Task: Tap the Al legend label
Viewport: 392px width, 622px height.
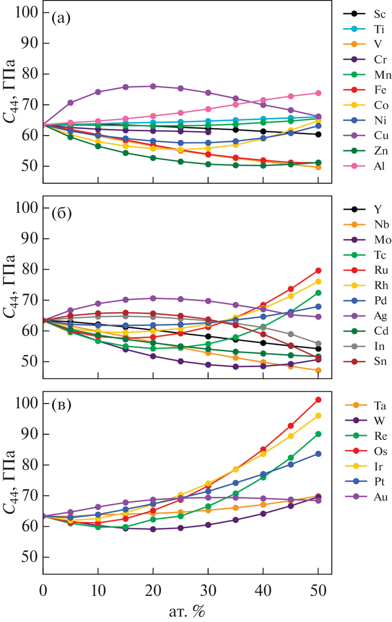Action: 380,166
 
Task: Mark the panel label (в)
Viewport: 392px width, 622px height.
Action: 61,404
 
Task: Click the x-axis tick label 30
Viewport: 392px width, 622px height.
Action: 208,591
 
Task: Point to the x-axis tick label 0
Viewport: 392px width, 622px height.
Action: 43,591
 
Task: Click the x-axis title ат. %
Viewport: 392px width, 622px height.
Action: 187,611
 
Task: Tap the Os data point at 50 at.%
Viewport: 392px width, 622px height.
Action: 318,400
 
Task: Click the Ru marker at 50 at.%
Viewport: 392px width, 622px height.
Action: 318,270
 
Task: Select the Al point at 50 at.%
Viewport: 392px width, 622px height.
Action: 318,93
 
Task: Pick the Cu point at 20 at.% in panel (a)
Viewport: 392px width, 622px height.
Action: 153,87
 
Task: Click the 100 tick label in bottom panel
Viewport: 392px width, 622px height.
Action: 26,403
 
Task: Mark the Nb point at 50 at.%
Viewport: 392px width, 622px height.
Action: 318,370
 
